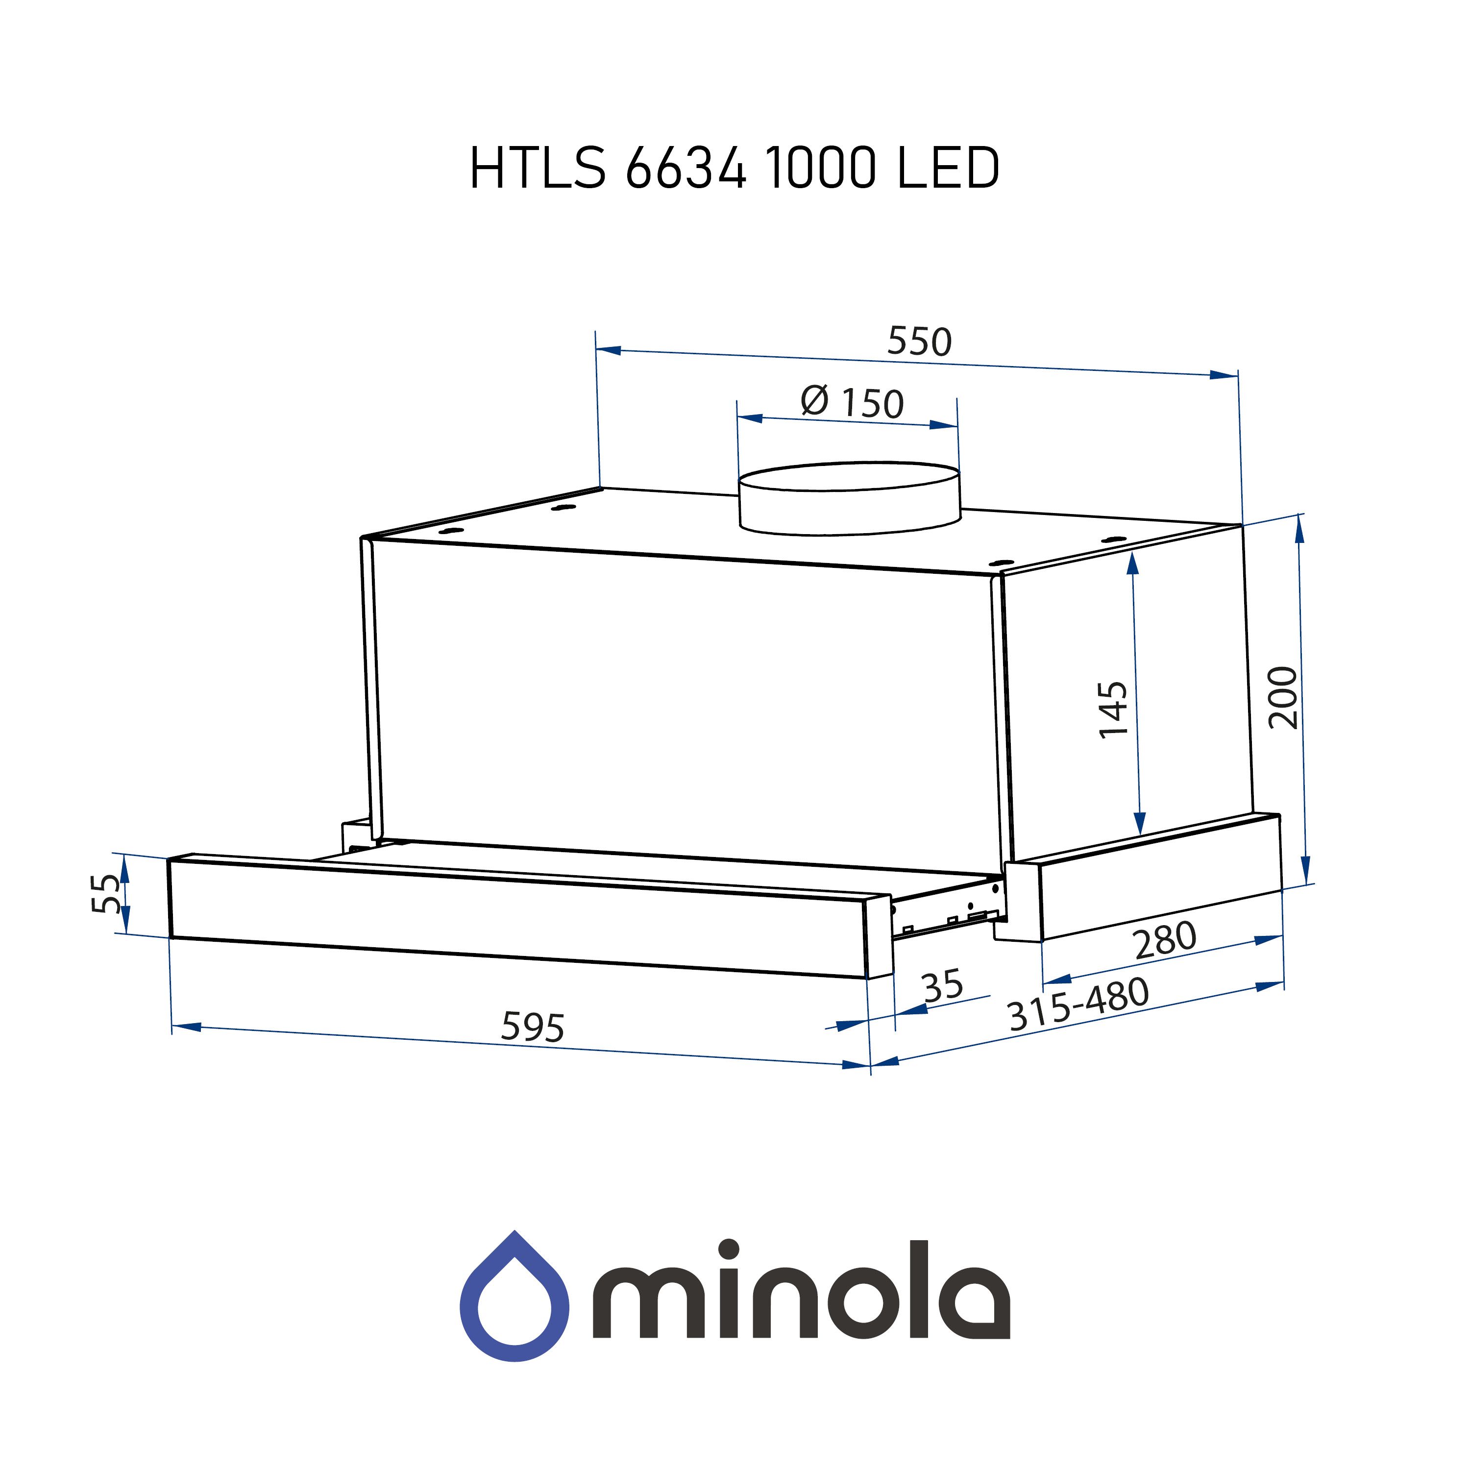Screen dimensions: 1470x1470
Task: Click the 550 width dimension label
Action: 919,342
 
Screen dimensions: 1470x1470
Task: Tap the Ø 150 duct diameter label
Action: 852,402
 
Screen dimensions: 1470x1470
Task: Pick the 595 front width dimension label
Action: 533,1027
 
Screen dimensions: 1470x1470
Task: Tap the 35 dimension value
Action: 943,985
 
